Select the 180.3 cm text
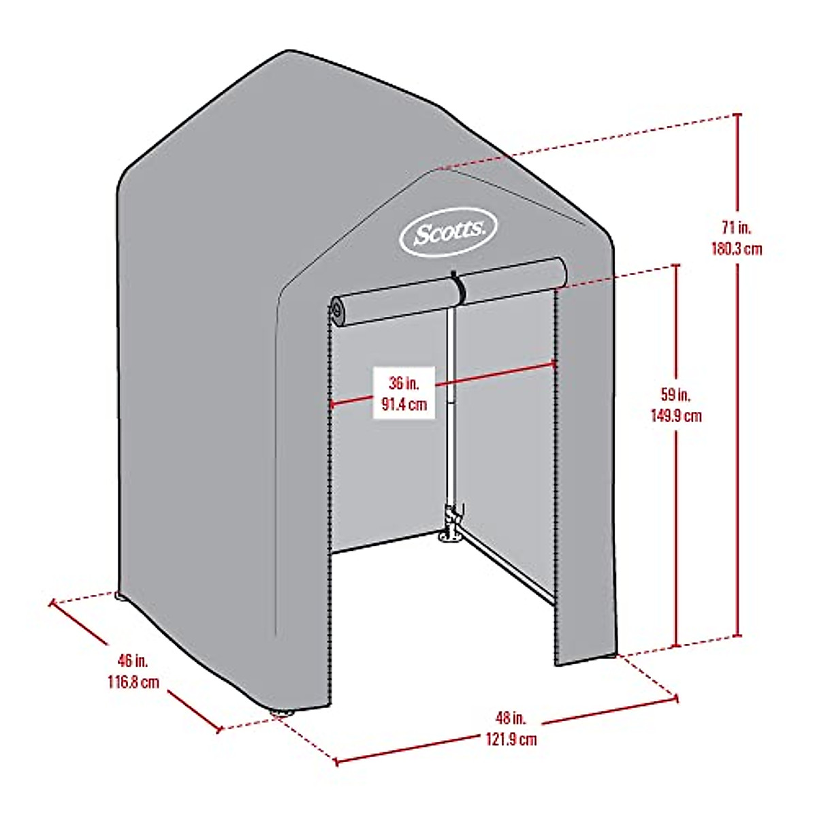(737, 249)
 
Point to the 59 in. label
(676, 394)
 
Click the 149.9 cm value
(676, 415)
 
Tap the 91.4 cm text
(404, 404)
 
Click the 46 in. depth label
(131, 660)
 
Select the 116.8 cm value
(131, 681)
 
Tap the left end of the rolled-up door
(338, 310)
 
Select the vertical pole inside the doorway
(449, 408)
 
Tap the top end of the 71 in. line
(737, 116)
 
